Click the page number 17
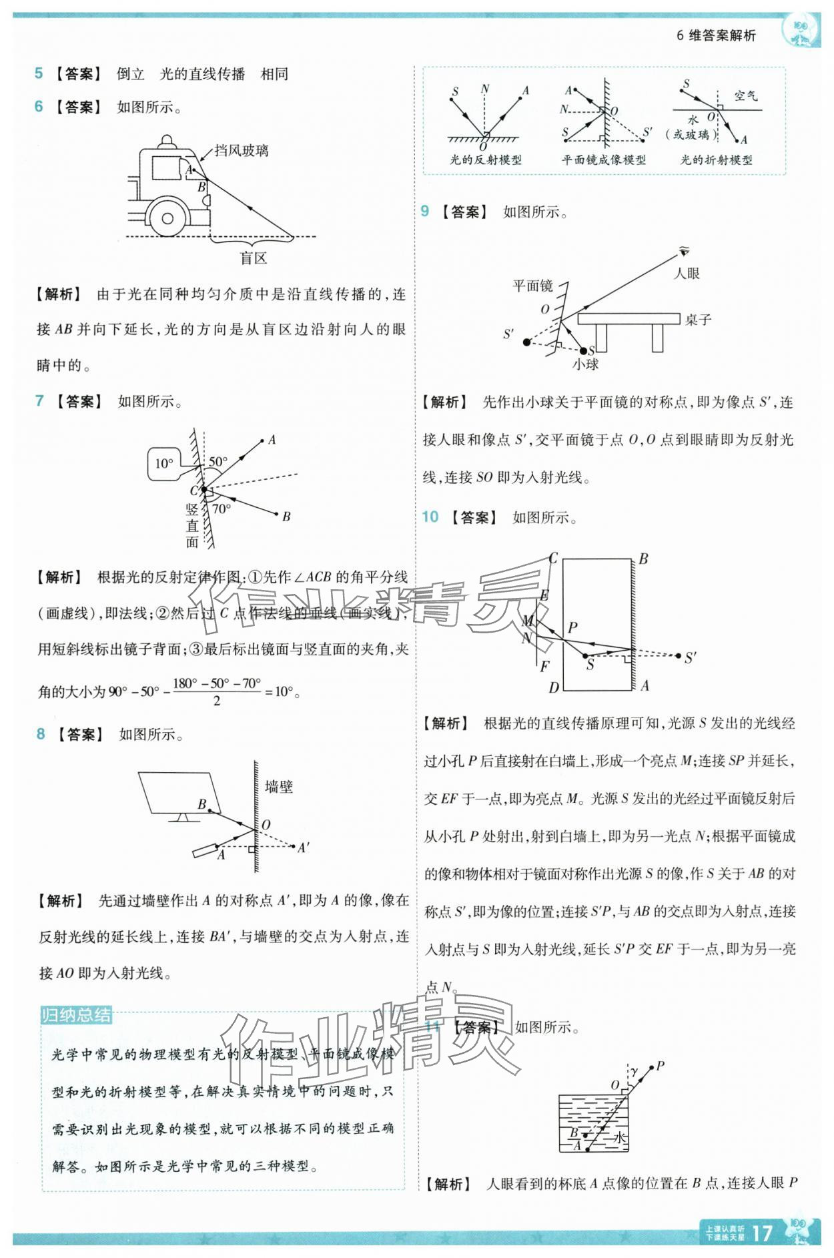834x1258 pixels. point(762,1232)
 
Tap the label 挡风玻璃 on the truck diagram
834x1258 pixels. point(242,151)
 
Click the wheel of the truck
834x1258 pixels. point(167,218)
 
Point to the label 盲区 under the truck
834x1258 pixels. point(254,258)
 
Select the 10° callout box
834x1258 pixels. point(164,464)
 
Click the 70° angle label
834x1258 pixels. point(222,509)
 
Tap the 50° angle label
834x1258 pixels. point(218,461)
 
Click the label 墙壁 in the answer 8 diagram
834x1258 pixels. point(279,786)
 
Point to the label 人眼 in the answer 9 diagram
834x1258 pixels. point(687,273)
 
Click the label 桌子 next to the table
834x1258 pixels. point(699,320)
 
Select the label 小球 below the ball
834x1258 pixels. point(585,364)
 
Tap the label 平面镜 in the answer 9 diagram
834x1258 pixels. point(532,286)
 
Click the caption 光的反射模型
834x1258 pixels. point(486,160)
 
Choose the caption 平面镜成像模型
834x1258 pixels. point(603,160)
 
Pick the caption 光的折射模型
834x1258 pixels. point(716,160)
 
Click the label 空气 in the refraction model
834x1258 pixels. point(745,96)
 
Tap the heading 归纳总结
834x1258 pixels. point(76,1015)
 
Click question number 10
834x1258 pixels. point(430,517)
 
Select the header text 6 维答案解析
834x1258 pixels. point(716,35)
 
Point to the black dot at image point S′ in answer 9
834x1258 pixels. point(526,342)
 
